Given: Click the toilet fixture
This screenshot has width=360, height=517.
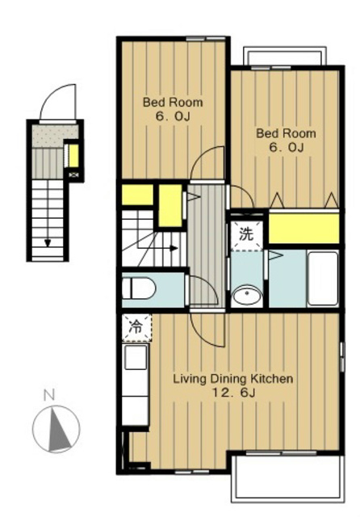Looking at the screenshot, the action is point(138,288).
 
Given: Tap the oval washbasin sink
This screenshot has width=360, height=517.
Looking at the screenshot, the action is point(246,294).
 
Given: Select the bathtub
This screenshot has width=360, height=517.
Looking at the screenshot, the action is point(323,278).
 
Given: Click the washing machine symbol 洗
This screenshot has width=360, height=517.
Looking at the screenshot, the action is point(246,234).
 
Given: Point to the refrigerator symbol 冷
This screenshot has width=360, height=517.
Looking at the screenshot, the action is point(136,327).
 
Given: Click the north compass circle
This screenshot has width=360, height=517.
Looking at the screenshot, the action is point(56,429).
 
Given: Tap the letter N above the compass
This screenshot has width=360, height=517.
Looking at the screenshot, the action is point(49,395).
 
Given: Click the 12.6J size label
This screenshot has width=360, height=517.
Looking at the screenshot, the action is point(234,393).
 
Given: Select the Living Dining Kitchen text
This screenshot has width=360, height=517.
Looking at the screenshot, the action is point(233,379).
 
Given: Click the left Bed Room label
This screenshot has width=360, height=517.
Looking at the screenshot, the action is point(173,103).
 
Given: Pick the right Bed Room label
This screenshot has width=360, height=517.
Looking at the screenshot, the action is point(286,133).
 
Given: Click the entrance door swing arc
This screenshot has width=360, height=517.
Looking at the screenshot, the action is point(54,95).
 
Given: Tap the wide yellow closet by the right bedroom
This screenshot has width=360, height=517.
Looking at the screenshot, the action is point(304,229).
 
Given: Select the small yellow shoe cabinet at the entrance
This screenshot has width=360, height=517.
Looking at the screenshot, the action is point(73,156).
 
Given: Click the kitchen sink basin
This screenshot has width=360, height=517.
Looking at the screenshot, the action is point(136,357).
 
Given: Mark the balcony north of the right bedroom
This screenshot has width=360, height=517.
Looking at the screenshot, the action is point(285,57).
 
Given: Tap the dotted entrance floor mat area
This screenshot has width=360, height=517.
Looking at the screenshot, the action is point(56,136).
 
